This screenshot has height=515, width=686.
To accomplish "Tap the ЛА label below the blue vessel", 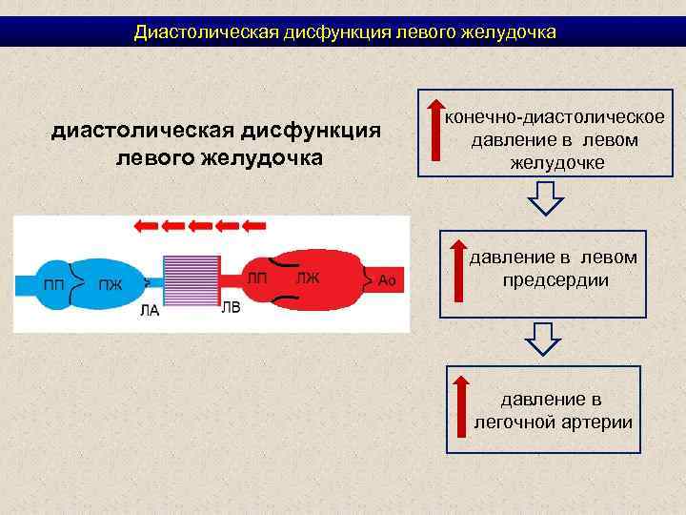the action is point(150,309).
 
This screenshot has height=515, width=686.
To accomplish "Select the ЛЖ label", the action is point(308,278).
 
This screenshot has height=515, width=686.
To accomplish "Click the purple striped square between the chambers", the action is point(192,282).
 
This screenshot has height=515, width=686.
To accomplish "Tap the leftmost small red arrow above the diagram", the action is point(146,226).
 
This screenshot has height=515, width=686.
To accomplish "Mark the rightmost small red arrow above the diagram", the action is point(253,226).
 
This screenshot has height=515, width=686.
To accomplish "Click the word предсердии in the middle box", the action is point(555,281).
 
